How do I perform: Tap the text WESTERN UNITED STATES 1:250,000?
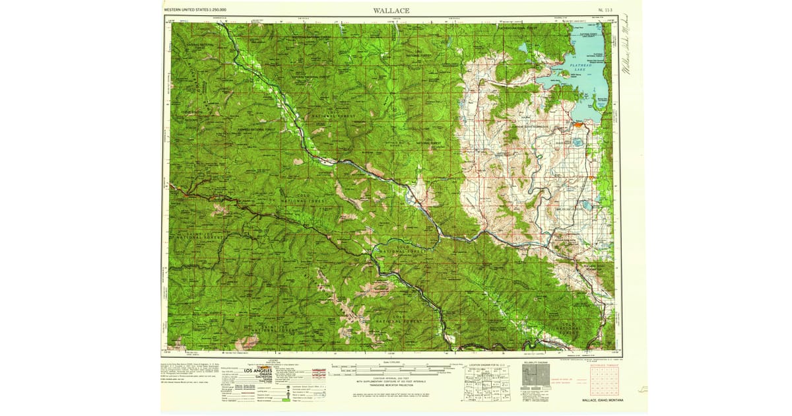point(195,11)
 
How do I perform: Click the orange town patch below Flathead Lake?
point(578,123)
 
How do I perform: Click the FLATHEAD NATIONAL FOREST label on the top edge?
point(521,28)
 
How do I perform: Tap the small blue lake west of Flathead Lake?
point(523,48)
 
